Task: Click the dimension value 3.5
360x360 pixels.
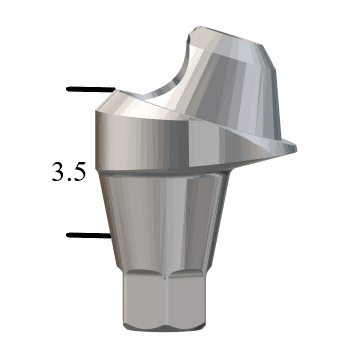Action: pyautogui.click(x=69, y=170)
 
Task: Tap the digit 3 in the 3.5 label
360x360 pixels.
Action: pyautogui.click(x=59, y=170)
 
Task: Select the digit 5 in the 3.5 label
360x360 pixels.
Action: pyautogui.click(x=79, y=170)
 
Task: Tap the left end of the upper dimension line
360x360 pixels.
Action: pyautogui.click(x=68, y=90)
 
